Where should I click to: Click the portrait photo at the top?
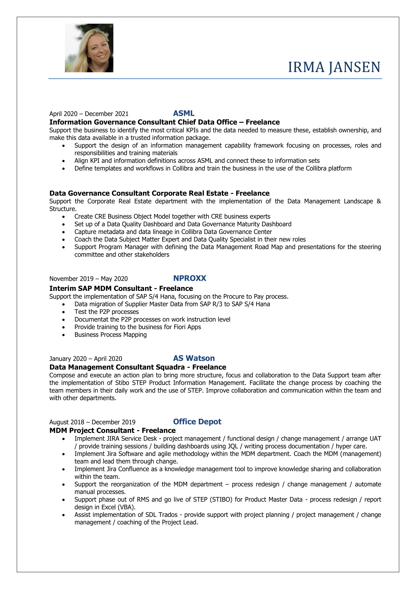[x=89, y=48]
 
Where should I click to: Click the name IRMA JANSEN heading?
[x=334, y=67]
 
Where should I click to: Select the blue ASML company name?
[x=184, y=113]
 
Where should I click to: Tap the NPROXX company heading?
[x=190, y=278]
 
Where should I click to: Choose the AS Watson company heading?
[x=194, y=358]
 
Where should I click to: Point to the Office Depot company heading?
[x=197, y=422]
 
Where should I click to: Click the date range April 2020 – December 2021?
[x=89, y=114]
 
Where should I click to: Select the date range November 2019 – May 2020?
[x=88, y=279]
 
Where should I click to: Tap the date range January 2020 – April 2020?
[x=86, y=359]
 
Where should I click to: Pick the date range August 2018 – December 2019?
[x=92, y=422]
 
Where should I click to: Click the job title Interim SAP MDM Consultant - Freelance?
[x=121, y=288]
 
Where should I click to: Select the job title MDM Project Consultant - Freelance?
[x=112, y=430]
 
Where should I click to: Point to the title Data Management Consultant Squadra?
[x=117, y=367]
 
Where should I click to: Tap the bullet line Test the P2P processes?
[x=107, y=312]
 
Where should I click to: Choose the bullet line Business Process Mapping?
[x=110, y=335]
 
